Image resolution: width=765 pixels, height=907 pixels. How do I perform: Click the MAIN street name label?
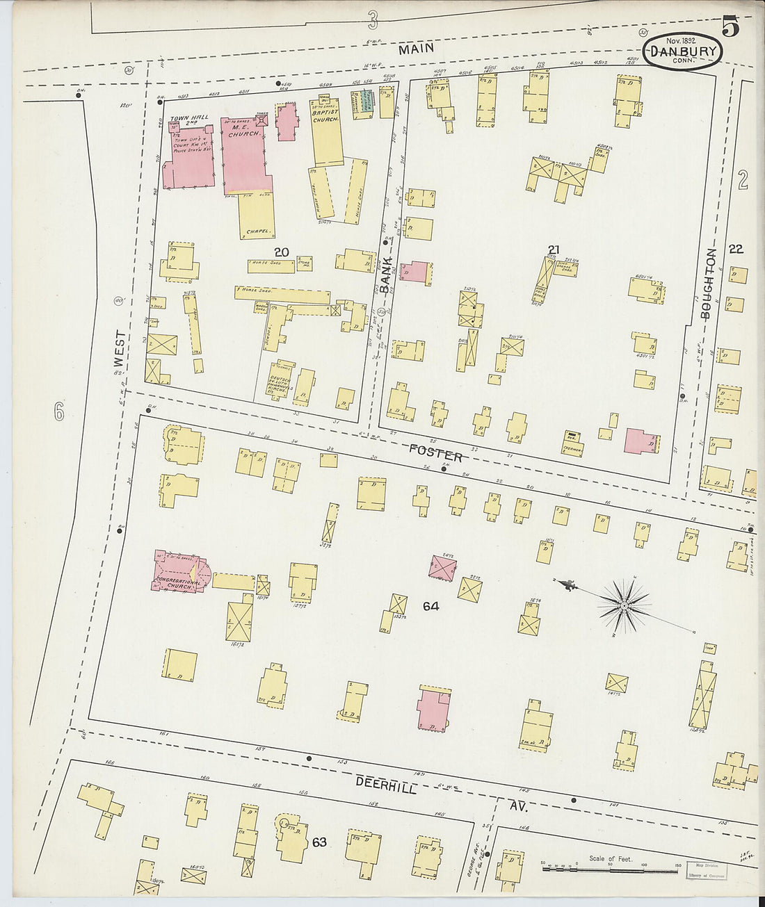(x=417, y=48)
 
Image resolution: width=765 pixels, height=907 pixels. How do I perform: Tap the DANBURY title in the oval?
(x=683, y=52)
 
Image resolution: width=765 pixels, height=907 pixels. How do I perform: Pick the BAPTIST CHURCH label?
(x=325, y=115)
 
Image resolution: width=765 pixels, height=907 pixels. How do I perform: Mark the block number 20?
(x=281, y=252)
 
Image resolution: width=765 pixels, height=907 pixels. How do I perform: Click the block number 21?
(x=554, y=250)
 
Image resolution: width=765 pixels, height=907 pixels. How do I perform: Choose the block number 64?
(x=430, y=606)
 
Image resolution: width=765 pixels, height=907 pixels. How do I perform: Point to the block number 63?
(x=319, y=842)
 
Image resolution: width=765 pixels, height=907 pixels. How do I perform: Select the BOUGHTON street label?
(x=708, y=284)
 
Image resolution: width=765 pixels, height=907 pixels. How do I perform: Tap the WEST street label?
(x=120, y=352)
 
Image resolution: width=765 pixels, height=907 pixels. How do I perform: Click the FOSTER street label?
(x=435, y=453)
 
